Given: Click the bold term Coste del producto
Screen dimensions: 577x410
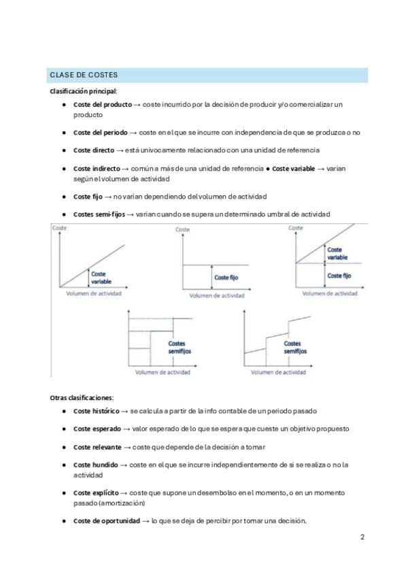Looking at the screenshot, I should [x=102, y=104].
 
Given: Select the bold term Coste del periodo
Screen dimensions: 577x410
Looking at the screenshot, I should [x=100, y=133].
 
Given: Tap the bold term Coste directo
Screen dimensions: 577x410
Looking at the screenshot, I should [x=94, y=150].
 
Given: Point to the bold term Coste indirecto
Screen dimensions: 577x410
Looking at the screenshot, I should [x=97, y=167].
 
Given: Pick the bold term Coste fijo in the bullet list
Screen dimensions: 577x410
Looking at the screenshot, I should [x=88, y=196].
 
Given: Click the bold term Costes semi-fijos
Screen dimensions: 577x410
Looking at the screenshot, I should [x=99, y=214].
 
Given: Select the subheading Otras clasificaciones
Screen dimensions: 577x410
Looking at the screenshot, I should [x=82, y=397].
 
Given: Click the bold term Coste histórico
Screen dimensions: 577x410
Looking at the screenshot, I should [x=96, y=412].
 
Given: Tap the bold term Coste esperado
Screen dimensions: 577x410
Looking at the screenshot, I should [x=97, y=429].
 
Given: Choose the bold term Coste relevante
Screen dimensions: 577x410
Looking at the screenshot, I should [x=97, y=447].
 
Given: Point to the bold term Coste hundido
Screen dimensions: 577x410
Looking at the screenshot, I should [x=96, y=465].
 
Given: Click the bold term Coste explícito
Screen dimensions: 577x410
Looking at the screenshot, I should [x=96, y=493].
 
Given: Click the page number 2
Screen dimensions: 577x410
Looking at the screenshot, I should [x=362, y=537].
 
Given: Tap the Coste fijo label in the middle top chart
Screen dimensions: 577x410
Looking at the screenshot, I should [x=226, y=278].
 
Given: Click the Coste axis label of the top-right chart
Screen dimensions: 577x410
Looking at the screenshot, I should [x=296, y=228].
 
